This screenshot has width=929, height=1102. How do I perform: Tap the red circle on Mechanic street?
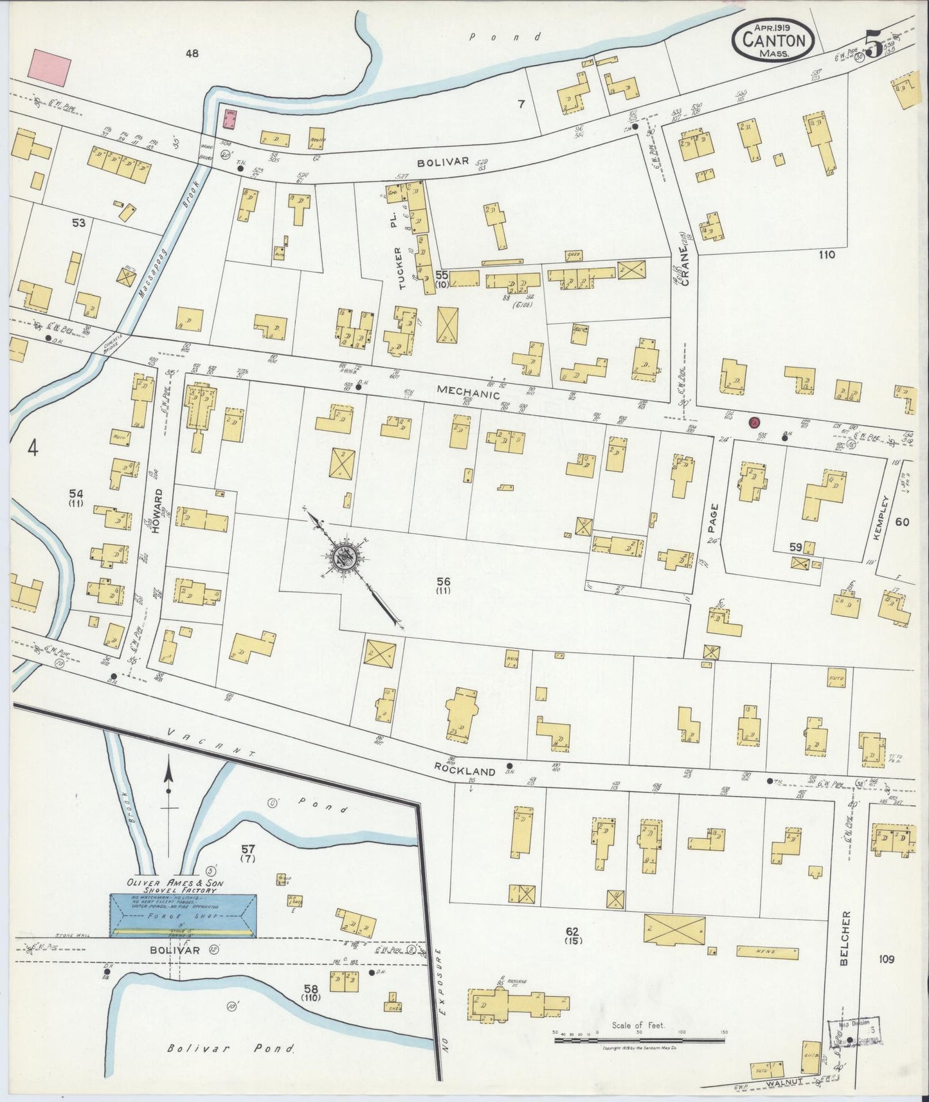pyautogui.click(x=754, y=422)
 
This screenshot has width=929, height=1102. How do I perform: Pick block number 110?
pyautogui.click(x=826, y=255)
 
